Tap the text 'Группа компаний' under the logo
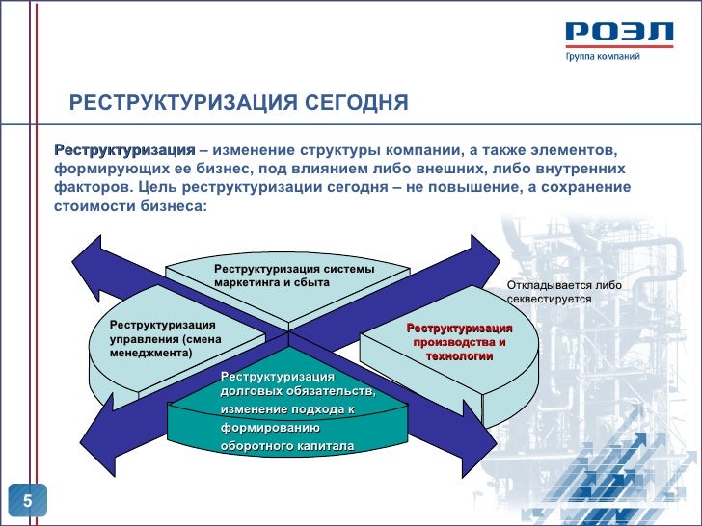tap(602, 57)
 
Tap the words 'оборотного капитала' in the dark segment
tap(287, 446)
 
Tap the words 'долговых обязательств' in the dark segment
tap(297, 391)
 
